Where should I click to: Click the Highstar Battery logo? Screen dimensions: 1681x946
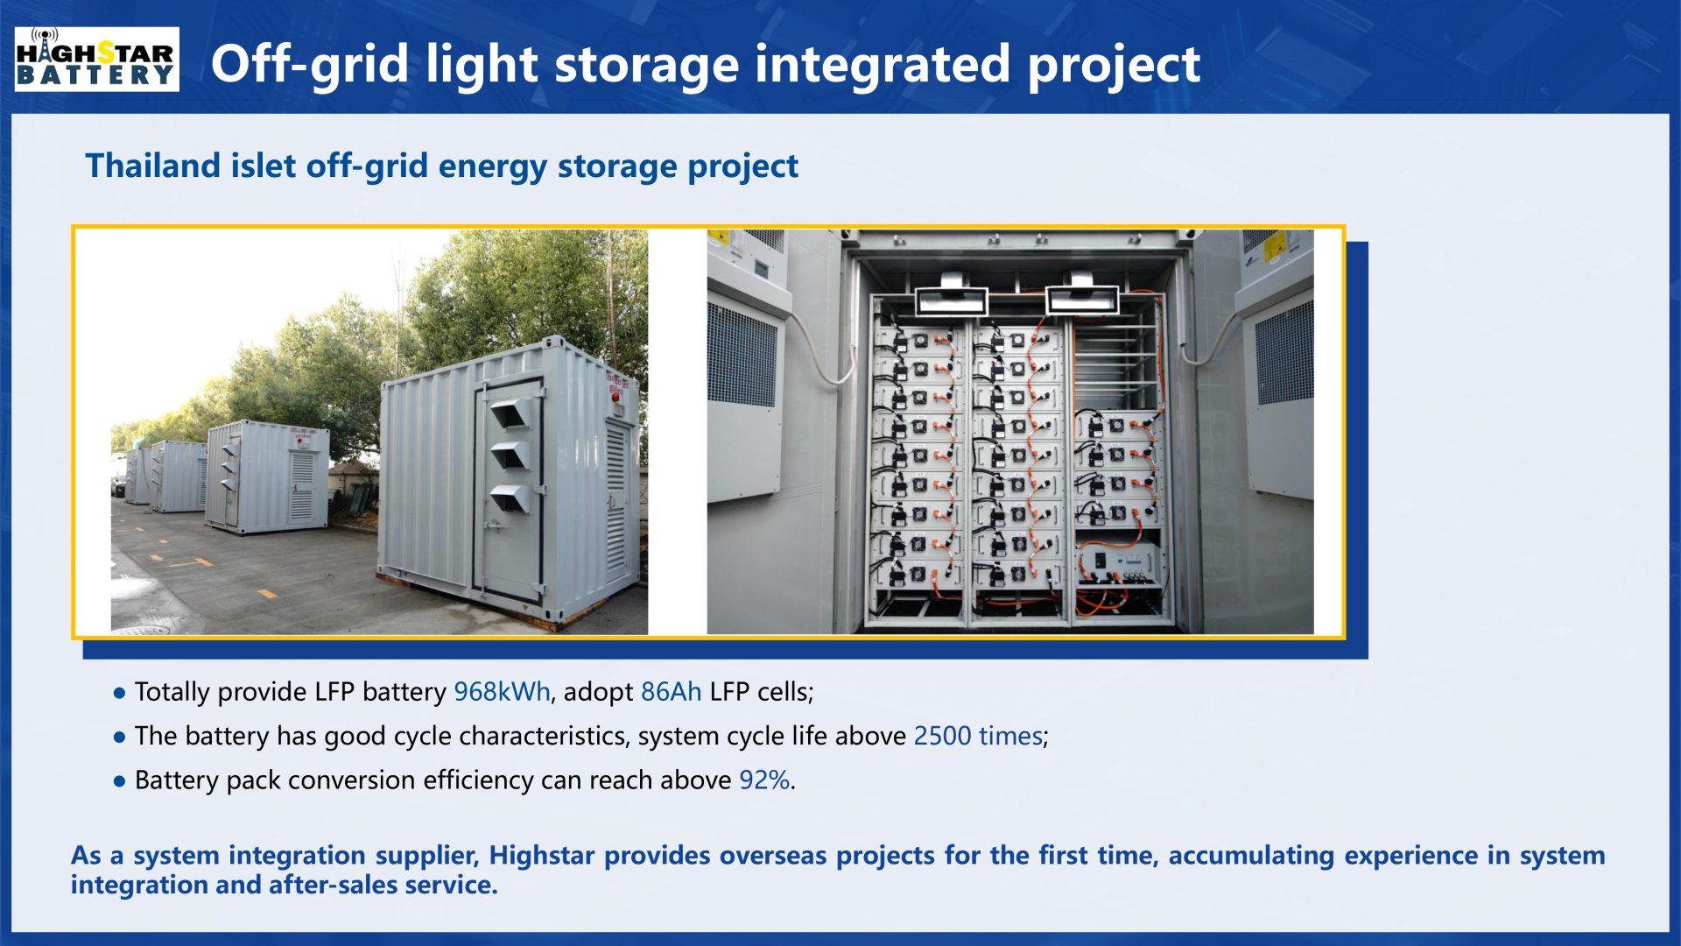97,59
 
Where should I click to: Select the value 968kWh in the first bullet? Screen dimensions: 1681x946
502,692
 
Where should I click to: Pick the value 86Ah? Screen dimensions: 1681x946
671,692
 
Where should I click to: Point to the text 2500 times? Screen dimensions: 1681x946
978,736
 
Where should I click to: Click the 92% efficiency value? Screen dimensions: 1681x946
764,780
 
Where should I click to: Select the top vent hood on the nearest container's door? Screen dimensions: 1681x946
510,412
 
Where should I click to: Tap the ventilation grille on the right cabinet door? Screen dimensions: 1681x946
1284,351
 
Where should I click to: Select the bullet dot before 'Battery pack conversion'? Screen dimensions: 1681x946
120,780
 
